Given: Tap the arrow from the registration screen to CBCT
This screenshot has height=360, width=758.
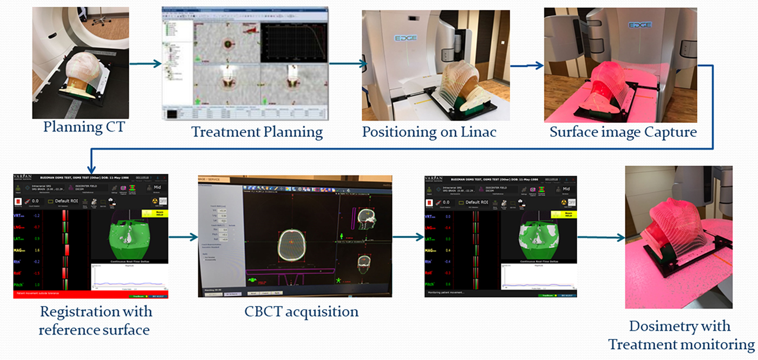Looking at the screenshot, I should (x=184, y=237).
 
